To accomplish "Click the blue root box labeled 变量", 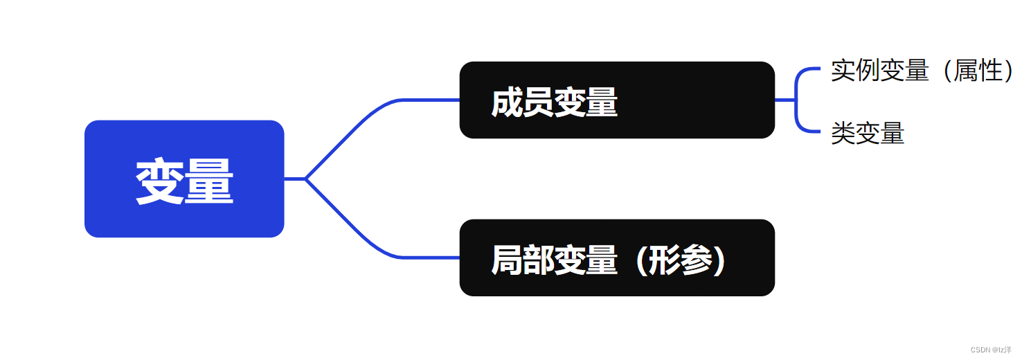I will coord(184,179).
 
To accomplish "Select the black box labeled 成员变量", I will coord(616,100).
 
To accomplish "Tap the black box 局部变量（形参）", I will coord(616,258).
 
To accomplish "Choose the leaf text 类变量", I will coord(868,134).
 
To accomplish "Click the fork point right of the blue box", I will coord(305,179).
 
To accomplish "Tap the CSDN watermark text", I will coord(991,350).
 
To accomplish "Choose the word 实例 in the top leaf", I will coord(855,71).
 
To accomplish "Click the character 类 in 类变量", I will coord(843,134).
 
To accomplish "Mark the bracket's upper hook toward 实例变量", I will coord(807,70).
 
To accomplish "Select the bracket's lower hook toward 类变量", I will coord(807,129).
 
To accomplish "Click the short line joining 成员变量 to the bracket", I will coord(785,100).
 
